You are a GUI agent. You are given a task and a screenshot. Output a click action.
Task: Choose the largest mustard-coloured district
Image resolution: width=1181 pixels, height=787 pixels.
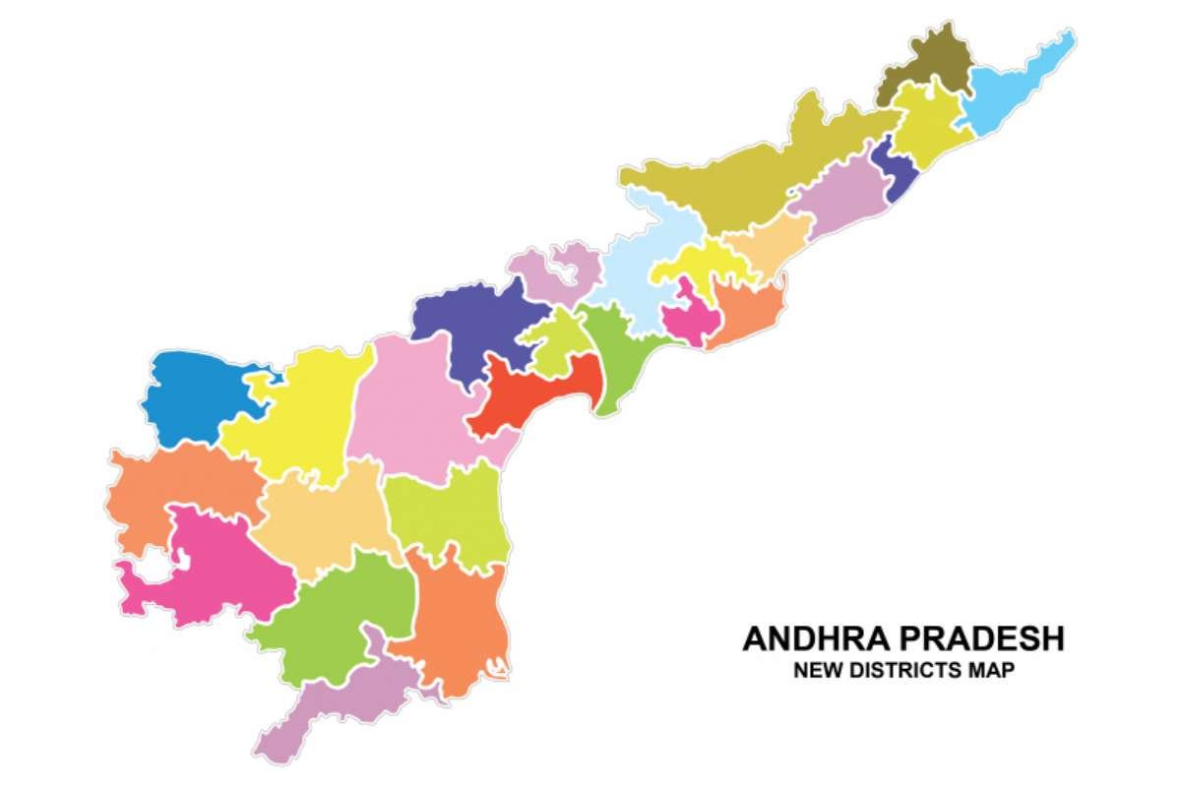coord(758,177)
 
